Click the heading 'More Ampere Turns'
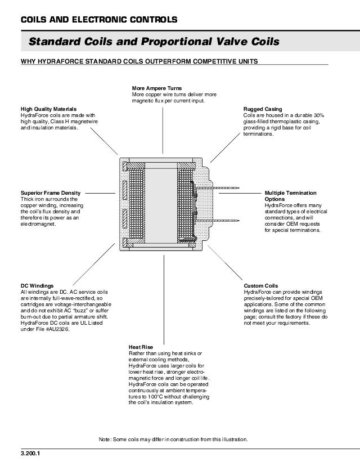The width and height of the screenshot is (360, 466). coord(156,88)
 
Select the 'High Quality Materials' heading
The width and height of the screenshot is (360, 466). coord(48,109)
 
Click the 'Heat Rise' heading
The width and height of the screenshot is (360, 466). coord(141,347)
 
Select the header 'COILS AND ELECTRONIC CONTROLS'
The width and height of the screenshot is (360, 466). coord(99,20)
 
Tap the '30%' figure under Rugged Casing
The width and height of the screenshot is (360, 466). coord(318,115)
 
